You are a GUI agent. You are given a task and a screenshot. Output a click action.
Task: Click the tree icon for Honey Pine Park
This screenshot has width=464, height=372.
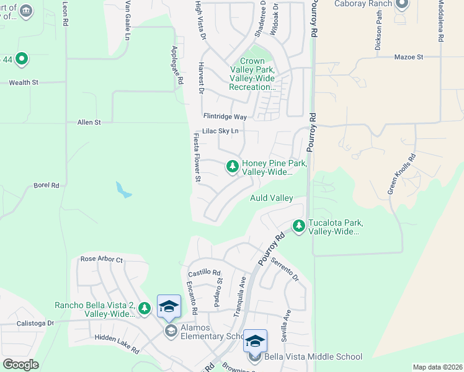click(233, 166)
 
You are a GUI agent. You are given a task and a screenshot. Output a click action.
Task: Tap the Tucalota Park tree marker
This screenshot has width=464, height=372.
click(299, 226)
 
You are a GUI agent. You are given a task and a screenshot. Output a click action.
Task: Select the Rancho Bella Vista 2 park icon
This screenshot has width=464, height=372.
click(145, 308)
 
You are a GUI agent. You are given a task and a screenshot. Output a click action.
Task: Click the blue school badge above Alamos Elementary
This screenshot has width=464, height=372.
click(169, 306)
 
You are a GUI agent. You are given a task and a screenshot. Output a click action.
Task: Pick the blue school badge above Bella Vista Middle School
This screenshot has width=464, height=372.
click(255, 341)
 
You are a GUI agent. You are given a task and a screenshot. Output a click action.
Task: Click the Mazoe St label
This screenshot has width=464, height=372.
click(408, 57)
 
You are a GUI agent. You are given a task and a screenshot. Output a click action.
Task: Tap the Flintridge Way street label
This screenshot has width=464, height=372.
click(225, 117)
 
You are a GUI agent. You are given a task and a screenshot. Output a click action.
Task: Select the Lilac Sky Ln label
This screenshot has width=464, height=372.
click(220, 131)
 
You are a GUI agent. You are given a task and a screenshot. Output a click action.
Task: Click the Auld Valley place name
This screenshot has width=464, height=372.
click(271, 198)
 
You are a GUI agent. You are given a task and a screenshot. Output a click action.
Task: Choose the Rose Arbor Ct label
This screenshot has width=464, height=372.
click(102, 259)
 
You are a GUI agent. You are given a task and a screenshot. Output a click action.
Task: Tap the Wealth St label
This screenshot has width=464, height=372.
click(24, 82)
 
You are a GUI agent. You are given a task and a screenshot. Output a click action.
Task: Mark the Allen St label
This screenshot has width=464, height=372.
click(89, 123)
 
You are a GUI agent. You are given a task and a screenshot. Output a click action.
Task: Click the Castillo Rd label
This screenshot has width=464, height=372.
click(204, 273)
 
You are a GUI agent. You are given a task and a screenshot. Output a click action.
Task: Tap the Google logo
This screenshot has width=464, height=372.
click(20, 365)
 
